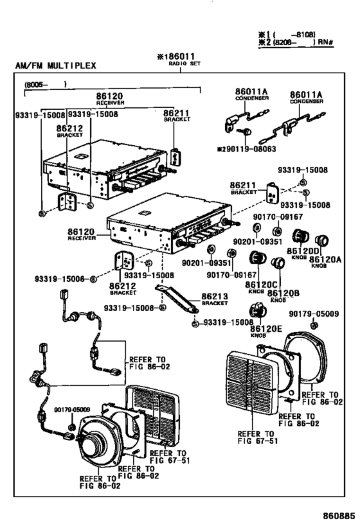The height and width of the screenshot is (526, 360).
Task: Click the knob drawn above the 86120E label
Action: tap(258, 313)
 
